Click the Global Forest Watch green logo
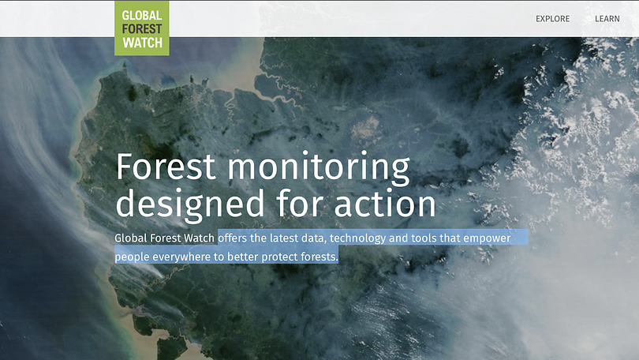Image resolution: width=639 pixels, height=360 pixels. pyautogui.click(x=142, y=28)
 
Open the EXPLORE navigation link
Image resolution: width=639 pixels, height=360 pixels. pyautogui.click(x=552, y=19)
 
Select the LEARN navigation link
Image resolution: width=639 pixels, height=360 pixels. pyautogui.click(x=607, y=19)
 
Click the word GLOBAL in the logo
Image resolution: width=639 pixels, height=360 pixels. pyautogui.click(x=142, y=16)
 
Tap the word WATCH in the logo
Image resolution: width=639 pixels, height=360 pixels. pyautogui.click(x=142, y=43)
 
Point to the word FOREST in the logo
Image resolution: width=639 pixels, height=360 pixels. pyautogui.click(x=142, y=29)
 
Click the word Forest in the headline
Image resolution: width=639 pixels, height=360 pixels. pyautogui.click(x=166, y=167)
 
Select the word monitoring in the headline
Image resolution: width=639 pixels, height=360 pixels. pyautogui.click(x=319, y=169)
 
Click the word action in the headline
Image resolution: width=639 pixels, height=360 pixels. pyautogui.click(x=385, y=203)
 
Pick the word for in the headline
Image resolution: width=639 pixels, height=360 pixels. pyautogui.click(x=300, y=202)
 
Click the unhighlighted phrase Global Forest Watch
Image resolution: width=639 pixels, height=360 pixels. pyautogui.click(x=165, y=238)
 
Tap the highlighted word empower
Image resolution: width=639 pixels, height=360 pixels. pyautogui.click(x=487, y=238)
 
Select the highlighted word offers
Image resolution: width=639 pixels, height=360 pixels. pyautogui.click(x=232, y=238)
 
